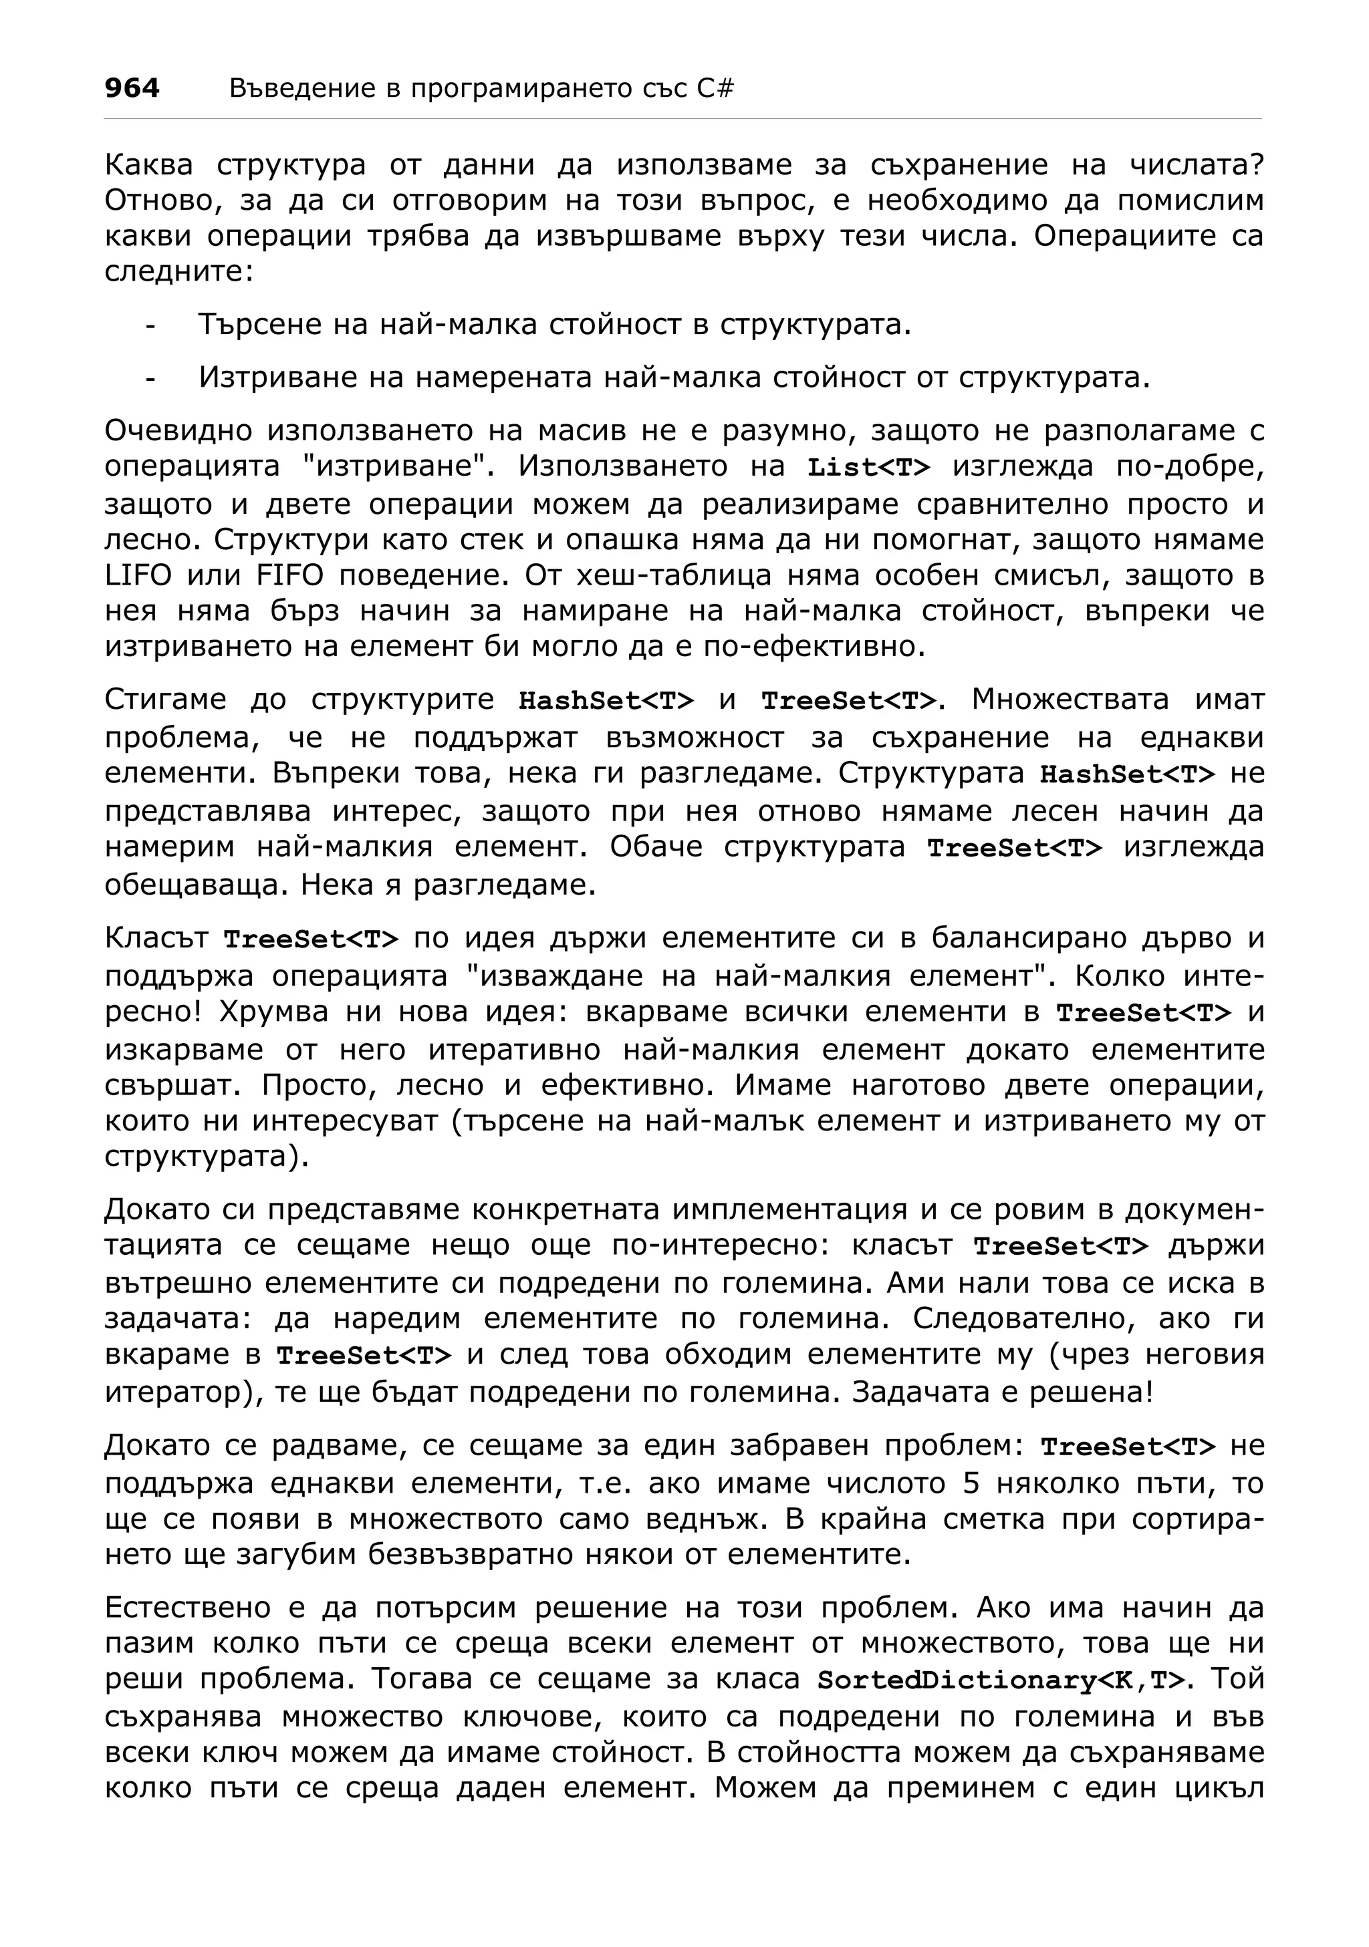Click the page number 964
tap(132, 88)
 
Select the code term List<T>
tap(868, 467)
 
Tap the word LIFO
tap(138, 576)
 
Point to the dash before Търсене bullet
tap(150, 325)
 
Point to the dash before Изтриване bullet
tap(150, 378)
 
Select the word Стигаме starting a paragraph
tap(166, 700)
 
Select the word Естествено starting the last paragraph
tap(199, 1607)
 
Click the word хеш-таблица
tap(666, 576)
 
